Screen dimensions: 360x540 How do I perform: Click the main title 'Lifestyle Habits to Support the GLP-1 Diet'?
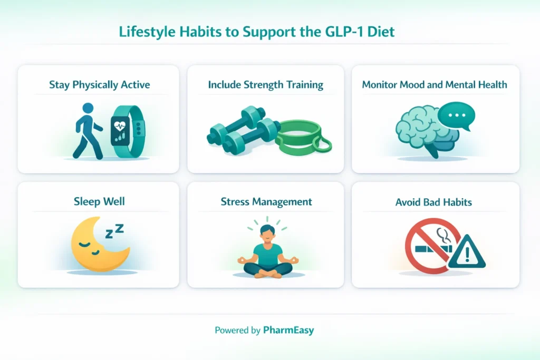point(256,32)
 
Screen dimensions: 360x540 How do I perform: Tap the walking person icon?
point(88,131)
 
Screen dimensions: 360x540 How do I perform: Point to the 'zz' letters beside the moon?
point(114,230)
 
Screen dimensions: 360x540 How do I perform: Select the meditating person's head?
point(267,233)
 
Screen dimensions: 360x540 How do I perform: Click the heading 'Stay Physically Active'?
point(99,84)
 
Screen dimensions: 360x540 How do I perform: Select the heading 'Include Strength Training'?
point(265,84)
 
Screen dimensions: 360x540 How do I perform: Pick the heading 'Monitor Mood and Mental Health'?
point(435,84)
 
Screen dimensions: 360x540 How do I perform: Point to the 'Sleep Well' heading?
point(99,201)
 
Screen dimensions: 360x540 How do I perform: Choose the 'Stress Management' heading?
point(266,201)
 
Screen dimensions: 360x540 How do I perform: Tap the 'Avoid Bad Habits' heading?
point(433,201)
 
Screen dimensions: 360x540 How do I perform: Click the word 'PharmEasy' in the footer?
point(289,330)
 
